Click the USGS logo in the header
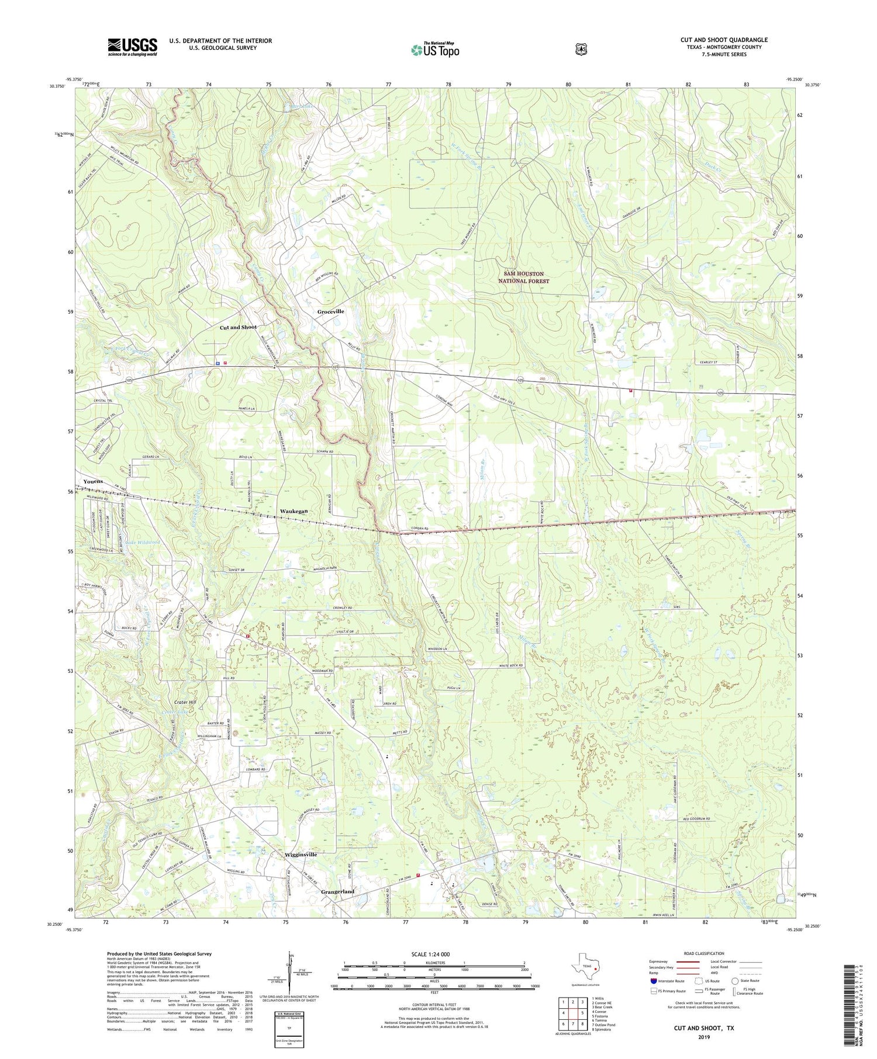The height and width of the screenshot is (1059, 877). coord(132,47)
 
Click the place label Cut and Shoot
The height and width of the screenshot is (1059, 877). coord(238,328)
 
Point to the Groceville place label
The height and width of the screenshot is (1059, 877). coord(330,312)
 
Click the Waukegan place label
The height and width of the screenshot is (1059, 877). coord(294,511)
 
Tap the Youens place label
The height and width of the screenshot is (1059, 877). coord(93,481)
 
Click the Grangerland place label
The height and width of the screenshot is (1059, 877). coord(337,891)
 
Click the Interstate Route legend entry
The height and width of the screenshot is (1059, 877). coord(667,981)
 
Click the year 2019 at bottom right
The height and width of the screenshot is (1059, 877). coord(703,1036)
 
